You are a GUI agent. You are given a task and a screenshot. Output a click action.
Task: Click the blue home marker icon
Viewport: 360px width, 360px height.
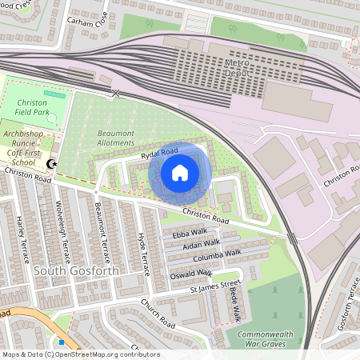pos(180,172)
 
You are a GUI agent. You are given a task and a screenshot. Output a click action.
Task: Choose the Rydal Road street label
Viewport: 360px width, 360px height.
pos(159,152)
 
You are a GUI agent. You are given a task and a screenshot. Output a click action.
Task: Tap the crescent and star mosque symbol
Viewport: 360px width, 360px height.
pos(52,164)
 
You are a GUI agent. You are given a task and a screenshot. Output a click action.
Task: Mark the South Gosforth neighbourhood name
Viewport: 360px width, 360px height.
pos(76,271)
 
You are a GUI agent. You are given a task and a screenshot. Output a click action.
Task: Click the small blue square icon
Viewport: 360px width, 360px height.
pos(61,342)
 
